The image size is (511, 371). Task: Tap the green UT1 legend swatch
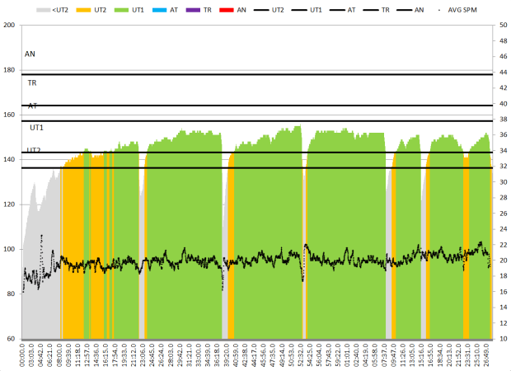click(x=129, y=9)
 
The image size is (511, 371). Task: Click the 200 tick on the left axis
click(x=10, y=25)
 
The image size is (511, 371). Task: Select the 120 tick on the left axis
click(x=10, y=204)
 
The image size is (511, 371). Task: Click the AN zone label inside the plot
click(x=30, y=54)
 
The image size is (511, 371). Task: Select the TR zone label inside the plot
click(x=31, y=82)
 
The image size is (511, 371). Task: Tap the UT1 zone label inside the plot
click(x=36, y=128)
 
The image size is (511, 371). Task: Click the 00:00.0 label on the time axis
click(x=24, y=355)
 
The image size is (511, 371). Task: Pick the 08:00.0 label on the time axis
click(x=61, y=355)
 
